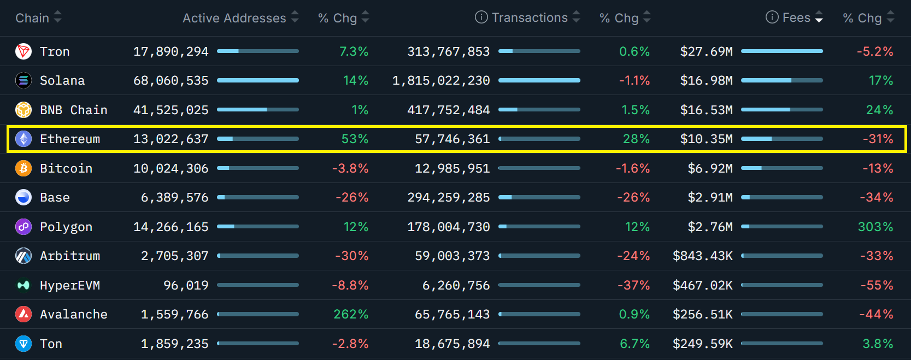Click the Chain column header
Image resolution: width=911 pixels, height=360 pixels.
tap(32, 18)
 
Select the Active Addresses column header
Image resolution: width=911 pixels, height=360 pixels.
tap(234, 18)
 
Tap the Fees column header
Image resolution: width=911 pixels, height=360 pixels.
tap(796, 17)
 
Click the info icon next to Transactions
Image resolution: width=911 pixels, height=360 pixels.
tap(481, 17)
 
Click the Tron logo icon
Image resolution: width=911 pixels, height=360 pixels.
tap(23, 51)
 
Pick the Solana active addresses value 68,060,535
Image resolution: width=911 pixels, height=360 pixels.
tap(171, 81)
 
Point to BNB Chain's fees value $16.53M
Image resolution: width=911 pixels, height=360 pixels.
tap(706, 110)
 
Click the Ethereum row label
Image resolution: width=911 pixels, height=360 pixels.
tap(70, 139)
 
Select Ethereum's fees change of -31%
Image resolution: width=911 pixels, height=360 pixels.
tap(878, 139)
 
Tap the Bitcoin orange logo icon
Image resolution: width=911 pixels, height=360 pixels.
tap(23, 168)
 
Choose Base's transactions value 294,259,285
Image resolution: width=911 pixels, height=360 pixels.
tap(449, 198)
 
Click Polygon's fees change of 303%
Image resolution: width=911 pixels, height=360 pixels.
tap(875, 227)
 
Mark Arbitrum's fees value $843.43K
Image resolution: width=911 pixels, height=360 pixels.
tap(702, 256)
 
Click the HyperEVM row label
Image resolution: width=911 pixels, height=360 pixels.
tap(70, 285)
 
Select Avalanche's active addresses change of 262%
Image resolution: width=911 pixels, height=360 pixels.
tap(351, 315)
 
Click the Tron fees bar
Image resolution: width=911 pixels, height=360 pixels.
tap(781, 51)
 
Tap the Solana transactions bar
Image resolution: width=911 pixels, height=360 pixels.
tap(539, 81)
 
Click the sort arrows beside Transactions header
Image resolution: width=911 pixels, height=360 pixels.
tap(576, 17)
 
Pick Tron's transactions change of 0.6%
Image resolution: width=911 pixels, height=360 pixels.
tap(634, 51)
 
